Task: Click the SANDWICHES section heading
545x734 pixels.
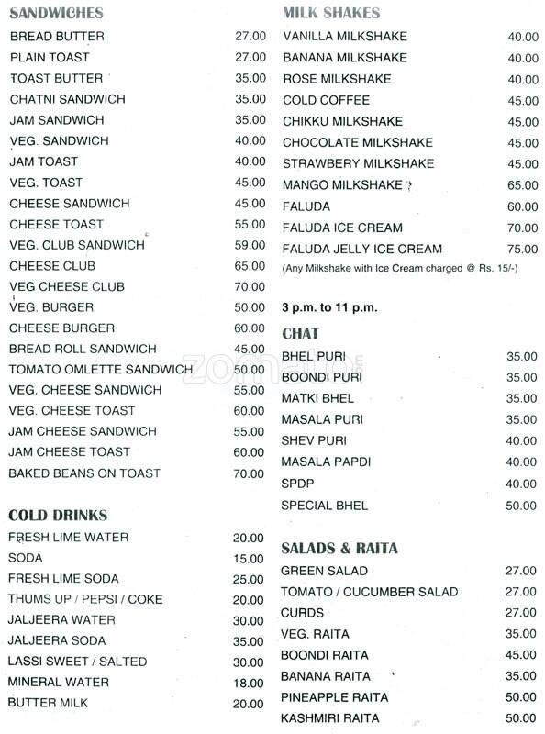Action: [x=55, y=14]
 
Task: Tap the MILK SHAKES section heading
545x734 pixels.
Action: [x=331, y=14]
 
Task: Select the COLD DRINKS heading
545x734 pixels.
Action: [x=58, y=515]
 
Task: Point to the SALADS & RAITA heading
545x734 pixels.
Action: [x=339, y=549]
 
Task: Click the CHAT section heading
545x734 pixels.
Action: [x=300, y=333]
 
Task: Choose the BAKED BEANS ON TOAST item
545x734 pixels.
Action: [x=85, y=473]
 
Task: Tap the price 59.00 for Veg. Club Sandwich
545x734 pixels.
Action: [x=250, y=245]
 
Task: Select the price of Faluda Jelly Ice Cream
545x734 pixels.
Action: [x=522, y=249]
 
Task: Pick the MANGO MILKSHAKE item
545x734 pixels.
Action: [x=342, y=185]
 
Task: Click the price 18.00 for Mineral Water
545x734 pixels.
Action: [x=248, y=683]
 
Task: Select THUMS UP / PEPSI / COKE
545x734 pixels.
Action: [x=86, y=599]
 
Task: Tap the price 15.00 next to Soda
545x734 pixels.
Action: [x=248, y=558]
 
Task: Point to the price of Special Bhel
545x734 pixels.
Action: [x=522, y=506]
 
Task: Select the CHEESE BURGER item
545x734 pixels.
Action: [x=62, y=328]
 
